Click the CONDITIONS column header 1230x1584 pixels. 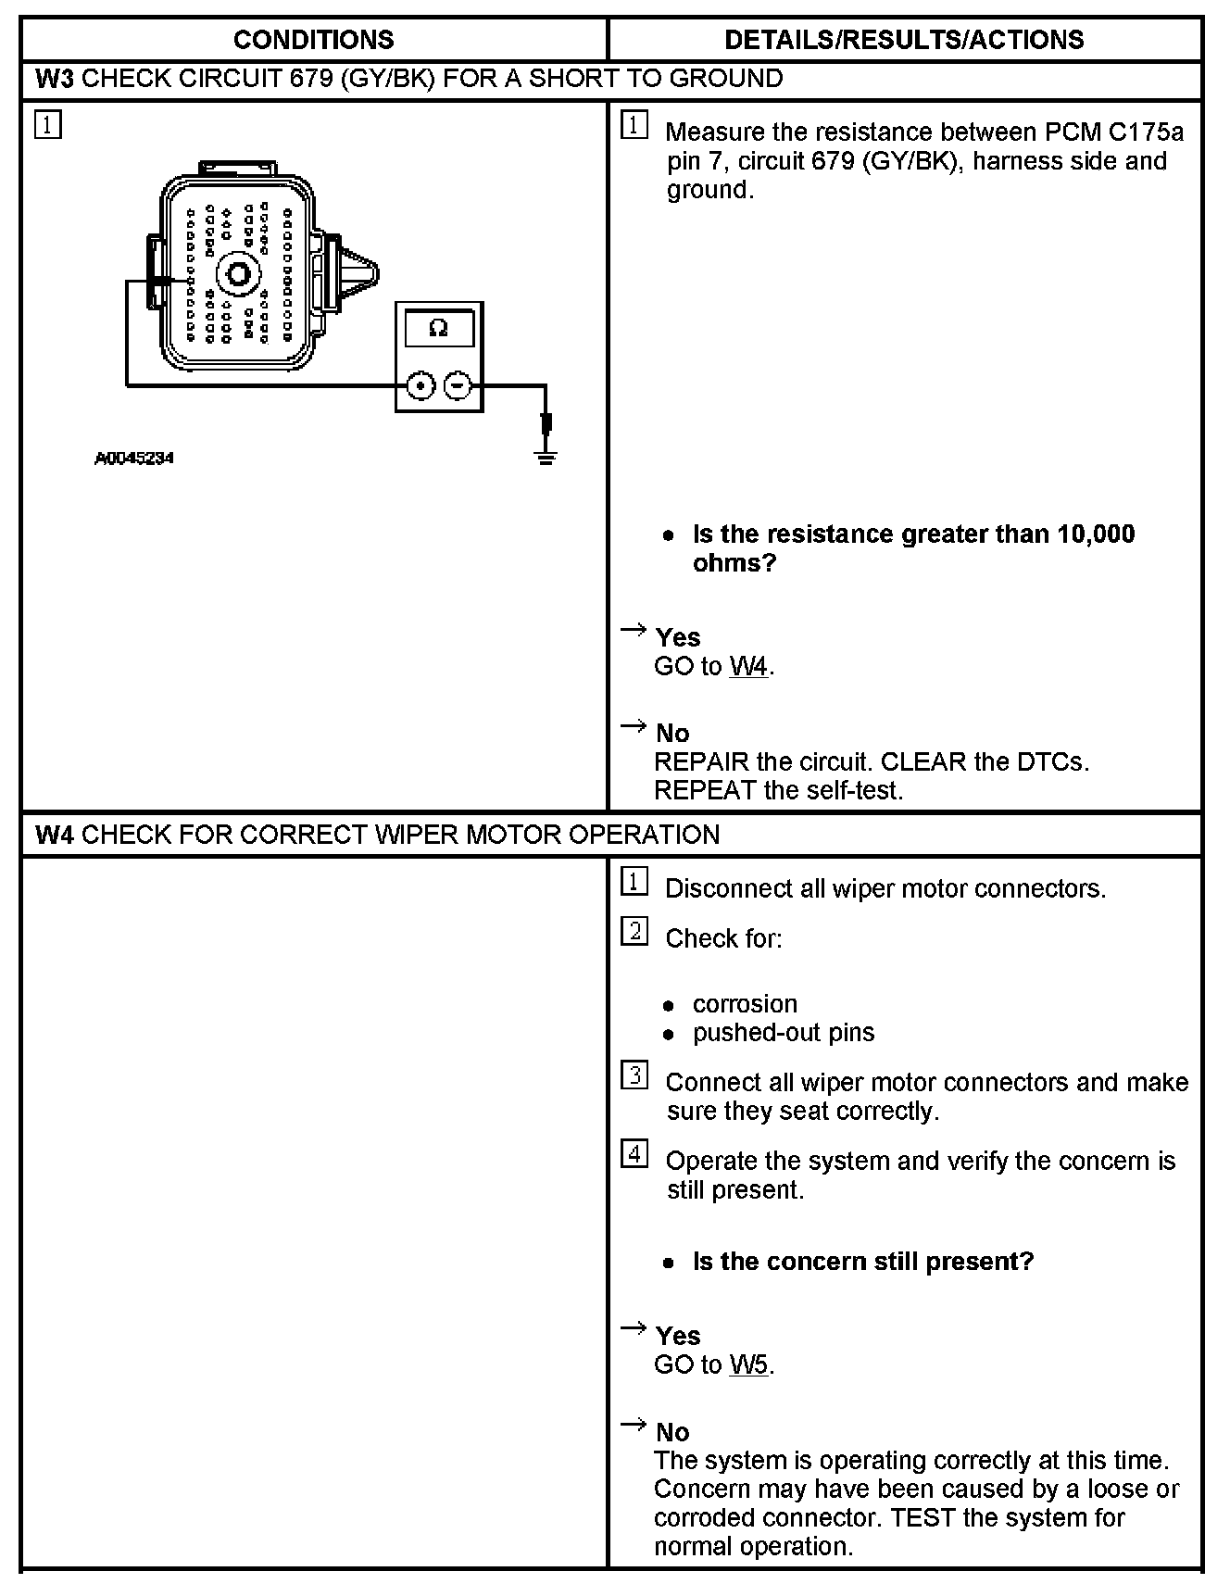(313, 40)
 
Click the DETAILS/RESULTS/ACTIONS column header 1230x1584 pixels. (904, 40)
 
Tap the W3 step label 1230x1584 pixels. (54, 79)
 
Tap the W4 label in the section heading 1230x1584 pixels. (54, 835)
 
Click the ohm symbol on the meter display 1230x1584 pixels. (439, 328)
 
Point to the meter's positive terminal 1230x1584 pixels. (420, 385)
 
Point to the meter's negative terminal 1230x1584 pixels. (458, 385)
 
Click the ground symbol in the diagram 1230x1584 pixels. (546, 456)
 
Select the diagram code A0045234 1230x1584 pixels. (134, 458)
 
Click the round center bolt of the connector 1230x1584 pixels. (235, 274)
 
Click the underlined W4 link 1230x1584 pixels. (749, 667)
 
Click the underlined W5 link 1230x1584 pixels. (749, 1365)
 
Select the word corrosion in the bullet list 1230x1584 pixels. (745, 1004)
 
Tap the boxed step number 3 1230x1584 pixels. (634, 1075)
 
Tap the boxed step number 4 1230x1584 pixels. (634, 1154)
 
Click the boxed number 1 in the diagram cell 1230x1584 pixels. (48, 125)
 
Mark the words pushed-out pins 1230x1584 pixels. (784, 1033)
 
